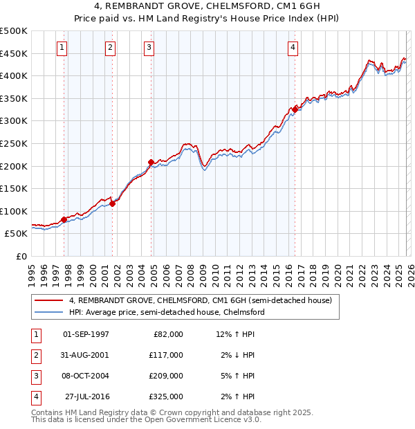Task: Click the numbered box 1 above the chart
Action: [x=62, y=48]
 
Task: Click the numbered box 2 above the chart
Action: [x=110, y=48]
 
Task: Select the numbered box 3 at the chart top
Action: [x=149, y=48]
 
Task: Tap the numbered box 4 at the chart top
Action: [x=293, y=48]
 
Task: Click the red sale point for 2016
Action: [x=295, y=109]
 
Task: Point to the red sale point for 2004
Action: [x=151, y=162]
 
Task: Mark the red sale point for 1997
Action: [x=64, y=219]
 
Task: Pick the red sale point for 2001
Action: [x=113, y=203]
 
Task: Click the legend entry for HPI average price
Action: [x=166, y=312]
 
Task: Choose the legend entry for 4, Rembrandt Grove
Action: [x=201, y=300]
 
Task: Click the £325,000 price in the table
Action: [x=166, y=396]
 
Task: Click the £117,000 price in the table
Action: [x=166, y=355]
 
